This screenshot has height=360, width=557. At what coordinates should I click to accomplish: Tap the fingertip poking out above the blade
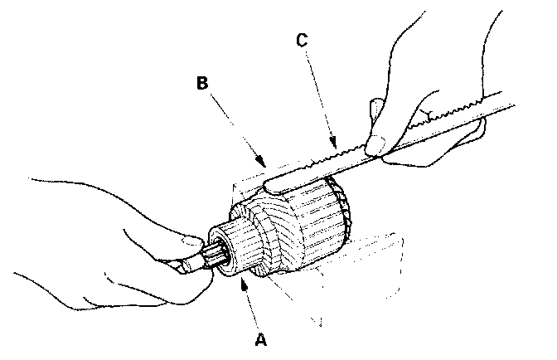(375, 106)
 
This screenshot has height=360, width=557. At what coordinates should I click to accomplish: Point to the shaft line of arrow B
(236, 125)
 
